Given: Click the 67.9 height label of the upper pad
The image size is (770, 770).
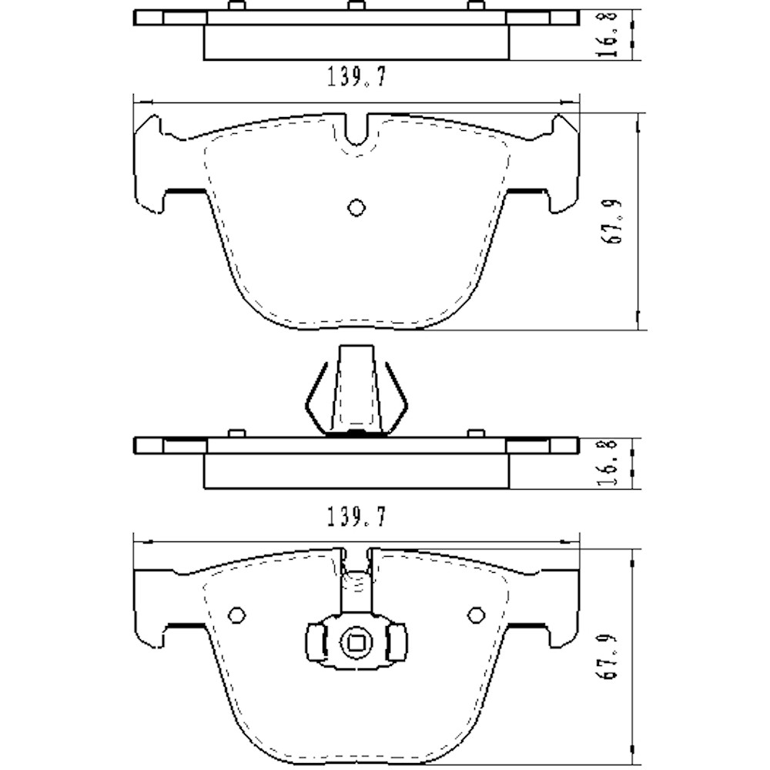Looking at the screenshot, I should [616, 222].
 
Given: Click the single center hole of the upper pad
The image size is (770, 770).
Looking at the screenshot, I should [356, 207].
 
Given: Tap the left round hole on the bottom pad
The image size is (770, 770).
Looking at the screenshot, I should [237, 614].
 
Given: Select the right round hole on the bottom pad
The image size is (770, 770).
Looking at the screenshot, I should [477, 614].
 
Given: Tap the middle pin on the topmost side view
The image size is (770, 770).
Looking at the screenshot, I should [355, 6].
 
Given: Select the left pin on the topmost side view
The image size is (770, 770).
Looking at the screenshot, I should [237, 6].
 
